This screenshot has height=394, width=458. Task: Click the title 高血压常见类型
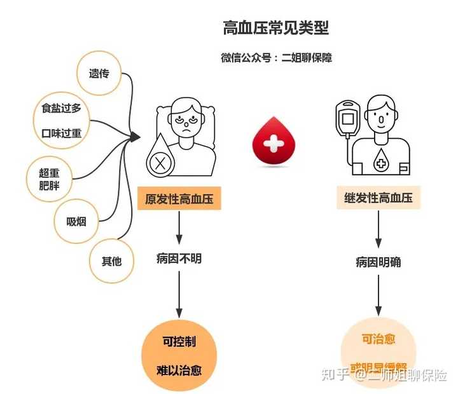275,28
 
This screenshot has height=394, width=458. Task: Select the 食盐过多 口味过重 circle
58,120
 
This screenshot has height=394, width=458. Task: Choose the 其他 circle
111,260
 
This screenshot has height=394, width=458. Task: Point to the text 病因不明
179,259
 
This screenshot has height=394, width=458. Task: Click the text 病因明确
378,262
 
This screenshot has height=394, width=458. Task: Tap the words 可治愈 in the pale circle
378,339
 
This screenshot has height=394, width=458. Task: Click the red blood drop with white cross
274,144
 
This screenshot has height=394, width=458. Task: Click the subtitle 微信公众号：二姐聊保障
276,58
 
